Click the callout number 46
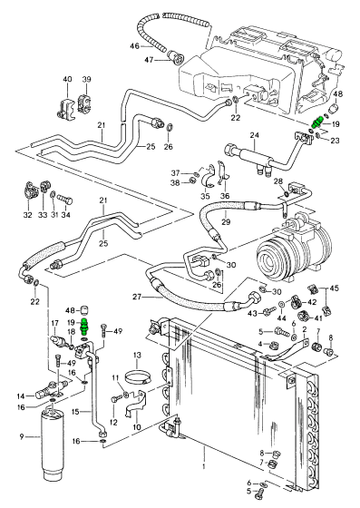tap(135, 46)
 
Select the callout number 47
tap(149, 60)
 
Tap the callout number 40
tap(68, 80)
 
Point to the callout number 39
tap(86, 80)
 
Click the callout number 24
tap(255, 135)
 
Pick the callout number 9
tap(22, 436)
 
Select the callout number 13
tap(137, 355)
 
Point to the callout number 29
tap(226, 222)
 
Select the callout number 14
tap(21, 396)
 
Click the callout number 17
tap(54, 323)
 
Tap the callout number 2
tap(305, 329)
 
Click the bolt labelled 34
tap(64, 200)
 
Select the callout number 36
tap(225, 196)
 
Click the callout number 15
tap(75, 412)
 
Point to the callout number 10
tap(137, 427)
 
